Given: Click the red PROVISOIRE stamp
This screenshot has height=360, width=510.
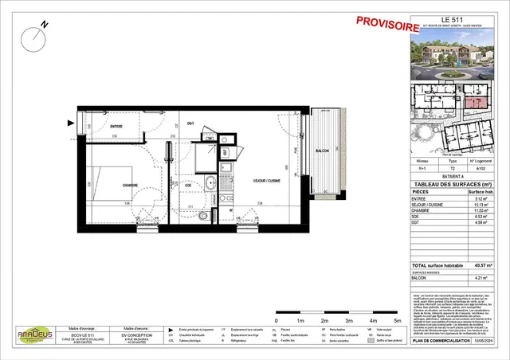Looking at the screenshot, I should coord(388,25).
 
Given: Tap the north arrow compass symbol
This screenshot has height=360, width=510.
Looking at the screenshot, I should coord(37,34).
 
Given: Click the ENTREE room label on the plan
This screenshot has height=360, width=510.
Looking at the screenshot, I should coord(116,126).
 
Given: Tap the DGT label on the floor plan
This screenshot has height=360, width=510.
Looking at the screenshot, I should coord(190,123).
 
